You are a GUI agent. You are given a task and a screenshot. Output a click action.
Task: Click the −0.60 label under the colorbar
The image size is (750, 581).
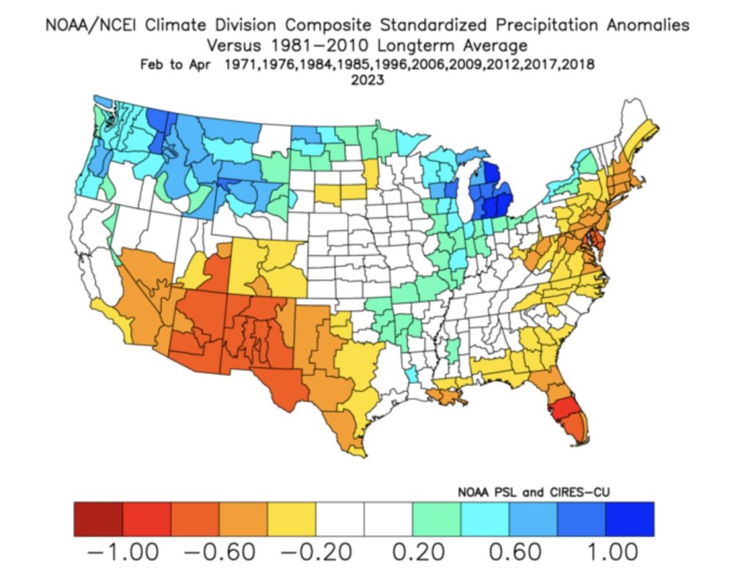[219, 551]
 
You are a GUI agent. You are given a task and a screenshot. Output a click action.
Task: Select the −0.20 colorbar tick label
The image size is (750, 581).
[316, 551]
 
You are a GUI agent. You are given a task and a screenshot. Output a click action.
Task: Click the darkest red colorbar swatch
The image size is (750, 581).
[98, 519]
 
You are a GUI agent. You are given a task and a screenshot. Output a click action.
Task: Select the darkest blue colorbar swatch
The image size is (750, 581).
[629, 519]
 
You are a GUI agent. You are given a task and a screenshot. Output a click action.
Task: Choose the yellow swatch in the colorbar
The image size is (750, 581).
[292, 519]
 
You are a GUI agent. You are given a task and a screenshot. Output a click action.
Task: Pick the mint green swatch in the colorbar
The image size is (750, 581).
[437, 519]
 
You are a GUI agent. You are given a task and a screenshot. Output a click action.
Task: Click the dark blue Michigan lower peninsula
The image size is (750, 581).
[489, 194]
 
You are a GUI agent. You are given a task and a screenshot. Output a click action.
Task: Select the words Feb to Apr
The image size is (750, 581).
[176, 64]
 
